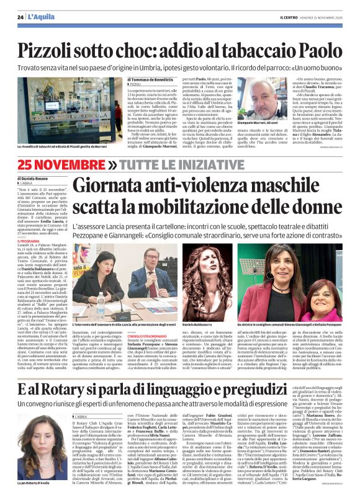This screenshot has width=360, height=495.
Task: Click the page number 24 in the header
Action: click(x=20, y=16)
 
